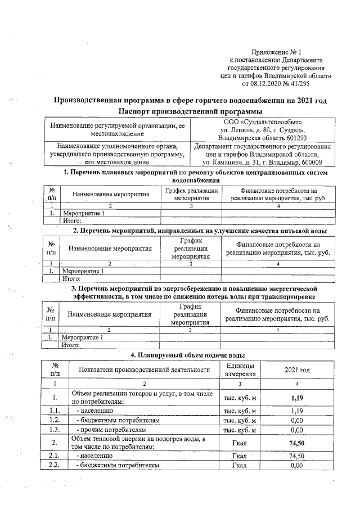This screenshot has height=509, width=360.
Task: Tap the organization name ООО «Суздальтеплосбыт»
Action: click(x=263, y=122)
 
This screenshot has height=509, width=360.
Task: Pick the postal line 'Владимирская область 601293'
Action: click(x=263, y=138)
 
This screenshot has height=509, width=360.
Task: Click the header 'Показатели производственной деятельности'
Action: click(x=143, y=370)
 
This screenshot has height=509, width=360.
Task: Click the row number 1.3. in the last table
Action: click(x=55, y=430)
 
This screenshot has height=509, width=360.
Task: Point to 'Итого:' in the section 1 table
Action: click(x=71, y=221)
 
